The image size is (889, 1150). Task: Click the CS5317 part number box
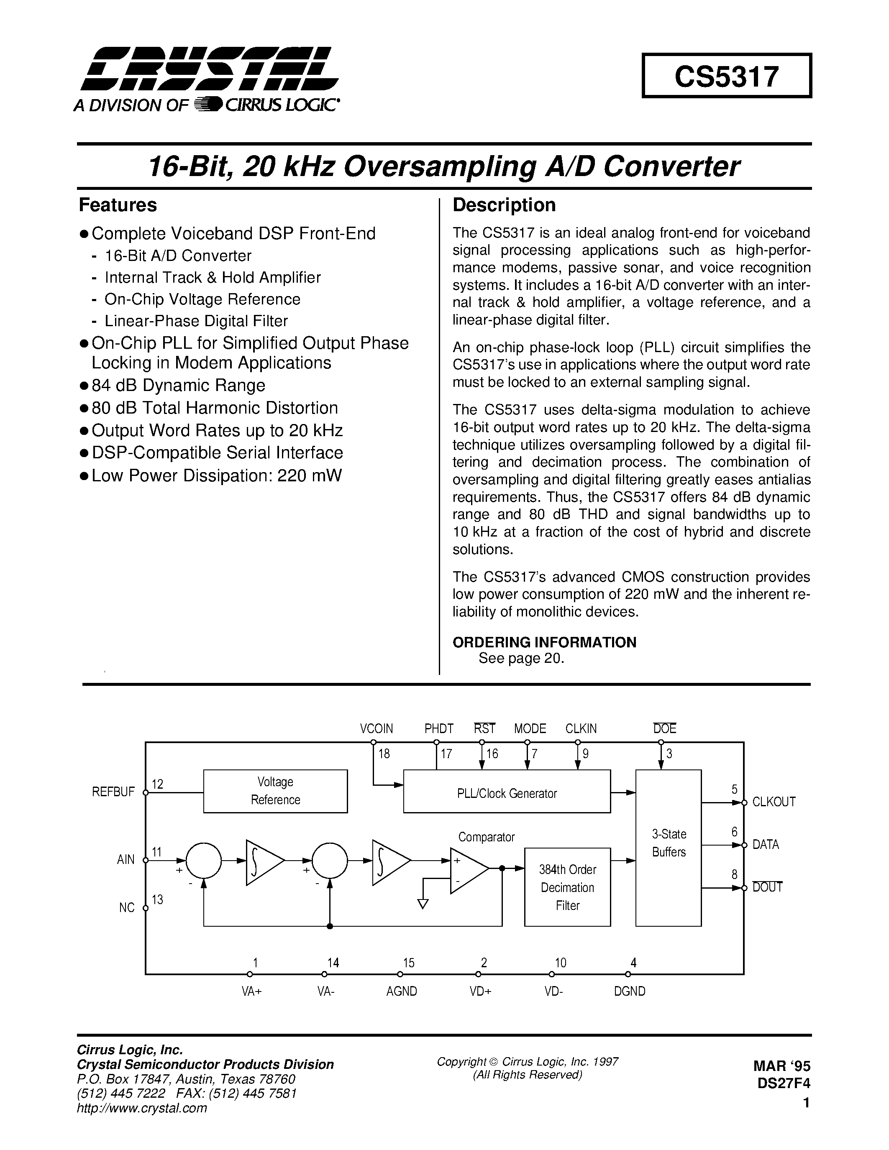pyautogui.click(x=726, y=76)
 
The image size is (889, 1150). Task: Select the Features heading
pyautogui.click(x=118, y=205)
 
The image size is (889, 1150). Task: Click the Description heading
pyautogui.click(x=504, y=205)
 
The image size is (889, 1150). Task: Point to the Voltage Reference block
pyautogui.click(x=275, y=791)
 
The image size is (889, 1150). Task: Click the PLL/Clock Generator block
pyautogui.click(x=507, y=794)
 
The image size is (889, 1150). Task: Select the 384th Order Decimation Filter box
pyautogui.click(x=567, y=887)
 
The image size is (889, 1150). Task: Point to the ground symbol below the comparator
pyautogui.click(x=423, y=904)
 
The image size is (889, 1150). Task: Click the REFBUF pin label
pyautogui.click(x=113, y=792)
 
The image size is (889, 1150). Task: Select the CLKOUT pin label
pyautogui.click(x=774, y=802)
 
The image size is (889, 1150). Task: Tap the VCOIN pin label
pyautogui.click(x=377, y=729)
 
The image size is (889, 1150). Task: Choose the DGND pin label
pyautogui.click(x=629, y=992)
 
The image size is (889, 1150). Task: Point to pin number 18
pyautogui.click(x=384, y=754)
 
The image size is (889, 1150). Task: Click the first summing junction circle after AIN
pyautogui.click(x=204, y=860)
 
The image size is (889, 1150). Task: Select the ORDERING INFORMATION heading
pyautogui.click(x=545, y=642)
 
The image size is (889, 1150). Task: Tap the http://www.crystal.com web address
pyautogui.click(x=142, y=1108)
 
